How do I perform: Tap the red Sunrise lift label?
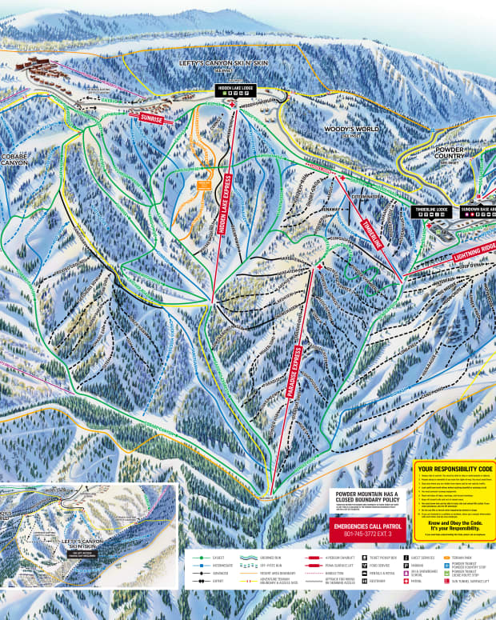151,118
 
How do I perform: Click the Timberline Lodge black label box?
430,210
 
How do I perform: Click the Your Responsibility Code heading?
454,468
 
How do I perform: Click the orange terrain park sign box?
204,184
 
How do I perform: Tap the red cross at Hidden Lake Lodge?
233,105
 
